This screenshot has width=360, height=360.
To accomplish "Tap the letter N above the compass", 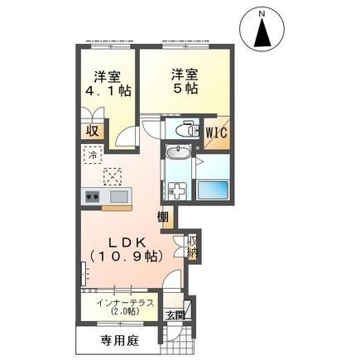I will click(x=262, y=14).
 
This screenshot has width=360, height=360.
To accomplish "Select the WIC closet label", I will click(x=217, y=132).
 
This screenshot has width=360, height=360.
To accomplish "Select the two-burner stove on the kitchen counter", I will click(x=91, y=197).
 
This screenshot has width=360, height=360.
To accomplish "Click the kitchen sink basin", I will click(x=116, y=197).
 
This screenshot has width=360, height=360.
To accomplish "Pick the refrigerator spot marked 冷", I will click(x=93, y=154).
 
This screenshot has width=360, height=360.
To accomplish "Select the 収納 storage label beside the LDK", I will click(x=192, y=246).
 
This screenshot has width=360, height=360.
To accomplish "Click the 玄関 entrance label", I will click(x=174, y=315).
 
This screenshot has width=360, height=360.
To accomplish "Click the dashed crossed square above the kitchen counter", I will click(x=113, y=175).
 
